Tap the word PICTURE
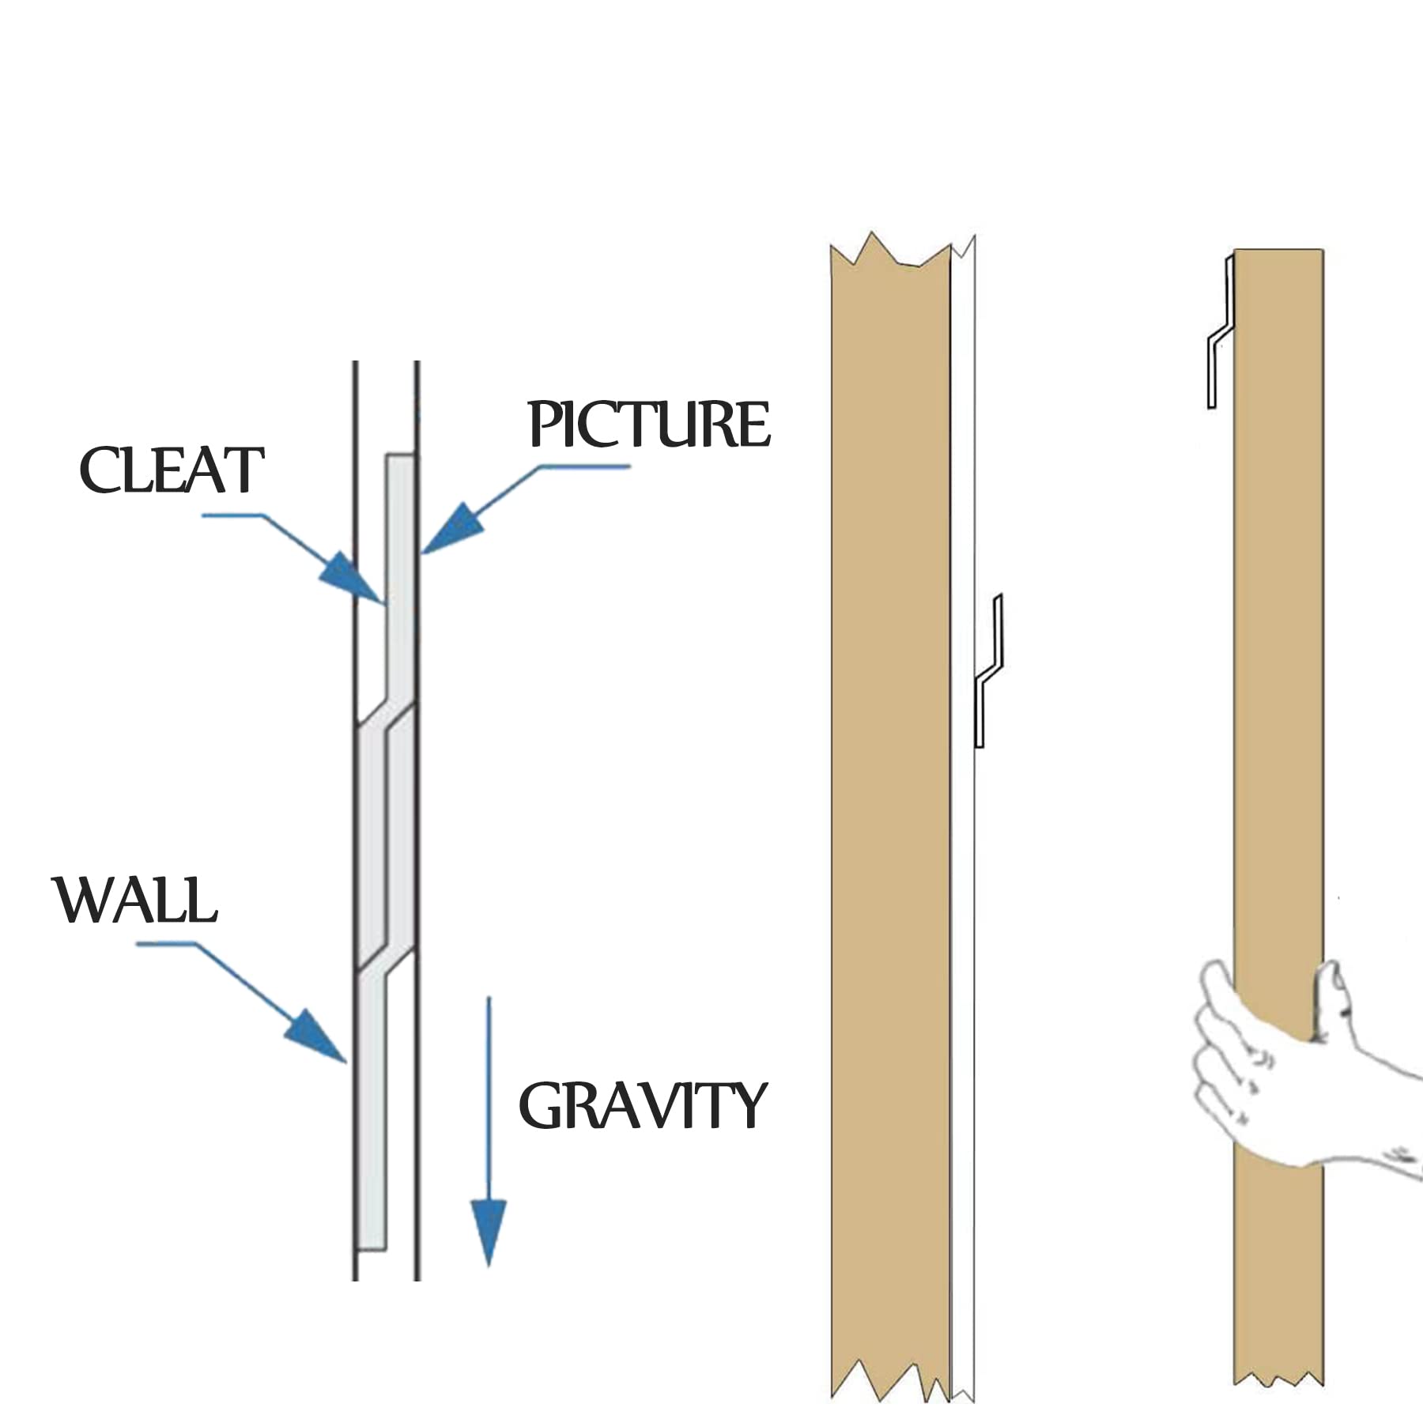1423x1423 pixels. (x=648, y=425)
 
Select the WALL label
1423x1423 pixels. (x=136, y=900)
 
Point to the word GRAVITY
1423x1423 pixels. (x=642, y=1106)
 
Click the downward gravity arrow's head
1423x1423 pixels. (x=489, y=1229)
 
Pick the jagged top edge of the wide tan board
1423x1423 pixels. (x=889, y=251)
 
